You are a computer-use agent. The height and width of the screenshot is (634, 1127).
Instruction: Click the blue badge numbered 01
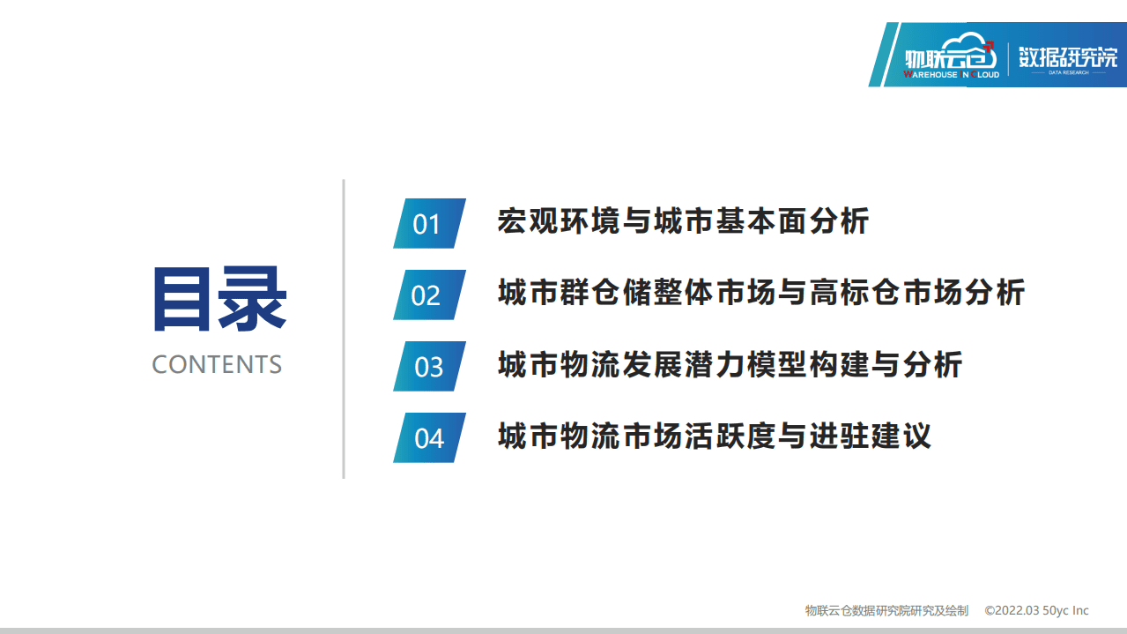(x=428, y=223)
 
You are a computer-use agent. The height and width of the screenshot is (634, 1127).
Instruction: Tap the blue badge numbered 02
(x=428, y=295)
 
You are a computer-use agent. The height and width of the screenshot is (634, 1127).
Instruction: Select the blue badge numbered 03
(x=428, y=366)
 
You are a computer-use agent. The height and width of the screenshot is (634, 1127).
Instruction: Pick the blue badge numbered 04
(x=428, y=437)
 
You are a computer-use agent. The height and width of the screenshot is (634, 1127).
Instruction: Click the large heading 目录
(x=219, y=300)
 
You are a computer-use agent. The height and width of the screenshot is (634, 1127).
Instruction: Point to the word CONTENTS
(x=217, y=364)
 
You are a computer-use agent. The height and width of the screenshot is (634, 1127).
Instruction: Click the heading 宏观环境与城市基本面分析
(x=683, y=220)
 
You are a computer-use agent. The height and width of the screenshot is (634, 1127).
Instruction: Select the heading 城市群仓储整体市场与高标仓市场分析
(x=761, y=292)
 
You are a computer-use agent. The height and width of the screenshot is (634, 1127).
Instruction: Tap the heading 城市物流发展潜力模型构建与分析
(x=730, y=364)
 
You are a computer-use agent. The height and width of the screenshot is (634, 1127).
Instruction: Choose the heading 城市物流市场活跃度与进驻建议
(x=715, y=436)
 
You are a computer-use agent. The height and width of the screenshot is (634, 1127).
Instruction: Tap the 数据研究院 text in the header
(x=1067, y=57)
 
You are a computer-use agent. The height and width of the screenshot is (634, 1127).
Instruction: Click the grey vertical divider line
(x=344, y=329)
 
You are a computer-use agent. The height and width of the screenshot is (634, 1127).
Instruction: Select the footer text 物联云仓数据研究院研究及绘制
(x=886, y=610)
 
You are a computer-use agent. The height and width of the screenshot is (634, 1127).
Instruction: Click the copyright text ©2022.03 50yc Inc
(x=1036, y=610)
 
